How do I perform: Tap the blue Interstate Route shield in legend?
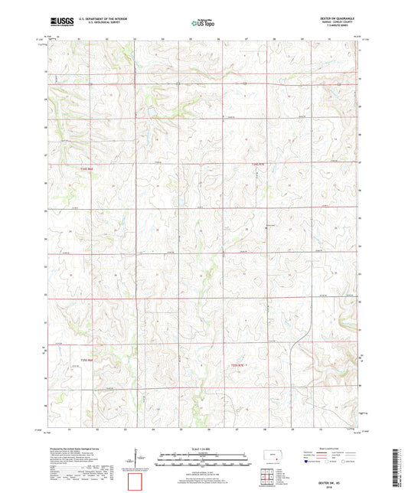(x=306, y=462)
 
